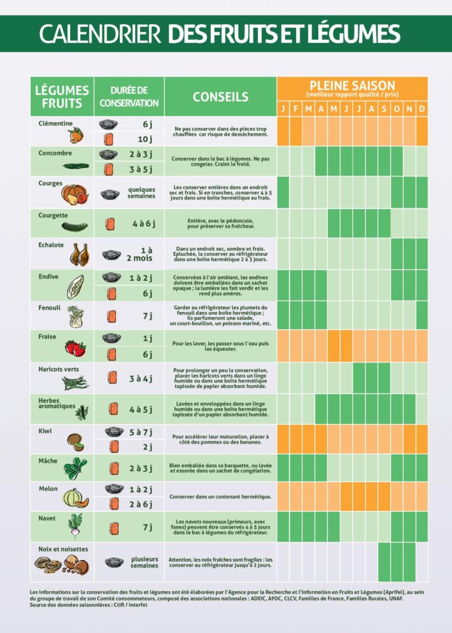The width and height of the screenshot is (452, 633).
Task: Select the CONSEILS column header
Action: pos(220,97)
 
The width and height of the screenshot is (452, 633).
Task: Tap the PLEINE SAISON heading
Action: pos(352,85)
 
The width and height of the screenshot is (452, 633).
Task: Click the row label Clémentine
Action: pos(55,124)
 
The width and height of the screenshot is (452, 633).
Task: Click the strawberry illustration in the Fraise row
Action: pos(75,348)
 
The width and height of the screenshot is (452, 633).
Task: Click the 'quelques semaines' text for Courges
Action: pos(141,193)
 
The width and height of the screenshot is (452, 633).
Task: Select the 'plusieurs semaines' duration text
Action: pos(145,562)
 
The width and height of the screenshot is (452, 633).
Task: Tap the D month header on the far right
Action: pos(421,109)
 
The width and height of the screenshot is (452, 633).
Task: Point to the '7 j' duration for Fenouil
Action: pos(148,316)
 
